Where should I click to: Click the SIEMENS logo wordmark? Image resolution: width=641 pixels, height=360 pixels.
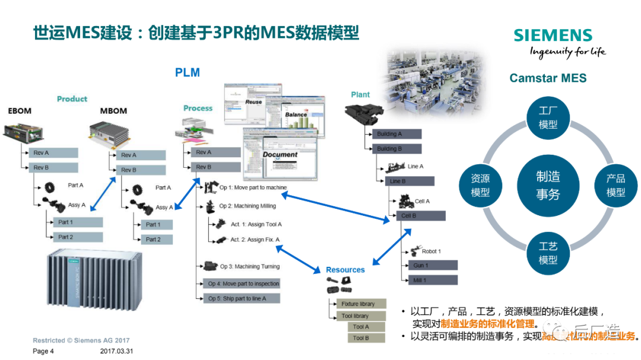coord(553,36)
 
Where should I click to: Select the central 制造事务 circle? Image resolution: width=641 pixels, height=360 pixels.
coord(547,185)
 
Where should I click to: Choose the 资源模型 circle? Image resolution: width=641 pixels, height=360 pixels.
coord(480,185)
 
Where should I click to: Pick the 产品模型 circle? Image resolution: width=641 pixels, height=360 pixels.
coord(615,185)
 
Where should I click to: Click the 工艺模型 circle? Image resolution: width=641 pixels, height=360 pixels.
coord(547,253)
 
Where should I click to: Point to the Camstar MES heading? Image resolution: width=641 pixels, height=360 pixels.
coord(547,78)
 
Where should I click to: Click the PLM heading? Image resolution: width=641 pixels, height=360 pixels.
coord(187,73)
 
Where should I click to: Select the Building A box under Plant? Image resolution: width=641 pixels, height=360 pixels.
coord(396,134)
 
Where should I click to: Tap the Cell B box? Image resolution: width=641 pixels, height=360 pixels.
coord(420,216)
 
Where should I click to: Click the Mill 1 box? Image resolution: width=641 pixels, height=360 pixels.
coord(432,279)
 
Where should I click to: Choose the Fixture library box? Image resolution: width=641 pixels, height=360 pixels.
coord(358,304)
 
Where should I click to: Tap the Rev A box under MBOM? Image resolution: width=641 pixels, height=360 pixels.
coord(140,155)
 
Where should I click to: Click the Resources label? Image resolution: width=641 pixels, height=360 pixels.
coord(345,270)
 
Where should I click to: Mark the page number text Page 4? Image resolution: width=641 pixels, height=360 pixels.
coord(43,351)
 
